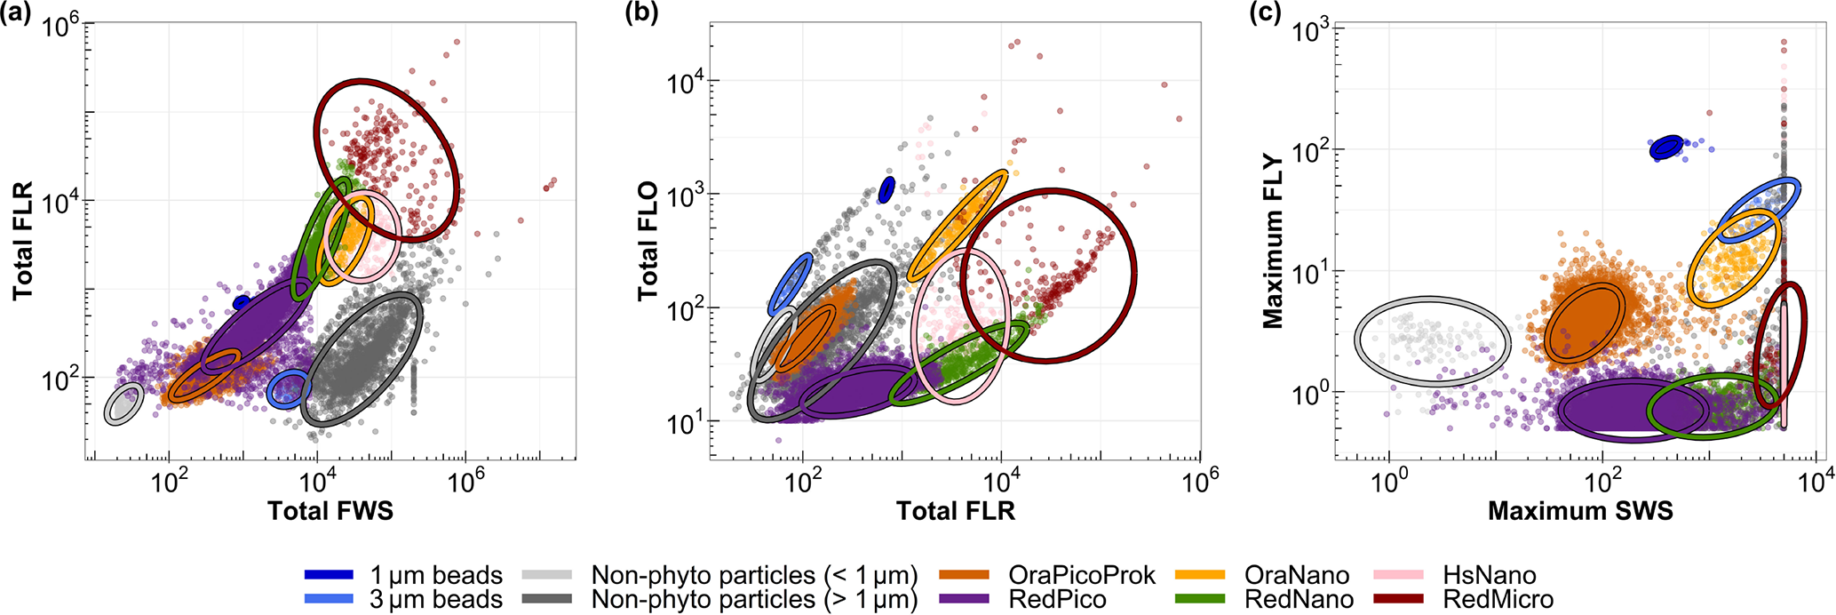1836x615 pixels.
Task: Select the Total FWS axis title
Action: pos(330,510)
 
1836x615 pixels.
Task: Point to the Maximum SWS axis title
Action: pos(1580,510)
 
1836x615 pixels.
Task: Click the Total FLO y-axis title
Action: pos(648,240)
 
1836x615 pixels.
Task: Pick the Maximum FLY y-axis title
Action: pos(1274,240)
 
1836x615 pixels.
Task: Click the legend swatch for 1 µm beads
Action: pos(329,576)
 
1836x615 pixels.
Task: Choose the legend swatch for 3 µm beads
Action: pos(329,599)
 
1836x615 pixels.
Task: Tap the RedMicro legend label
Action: pos(1498,599)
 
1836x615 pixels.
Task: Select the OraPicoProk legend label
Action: pos(1082,576)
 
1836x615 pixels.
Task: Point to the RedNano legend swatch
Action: pos(1200,599)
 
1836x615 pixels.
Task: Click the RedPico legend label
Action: pos(1057,599)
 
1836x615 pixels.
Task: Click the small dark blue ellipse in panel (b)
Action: pos(886,189)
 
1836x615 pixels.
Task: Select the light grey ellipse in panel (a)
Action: pos(123,403)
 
